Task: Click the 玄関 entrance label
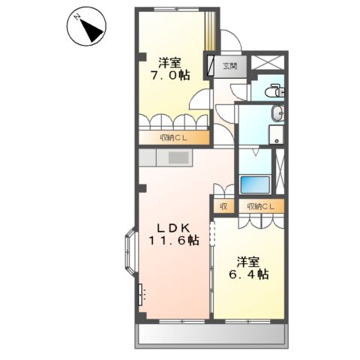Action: pyautogui.click(x=230, y=66)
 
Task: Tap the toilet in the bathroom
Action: pyautogui.click(x=274, y=91)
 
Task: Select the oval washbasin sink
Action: pyautogui.click(x=277, y=113)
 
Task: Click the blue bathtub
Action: pyautogui.click(x=255, y=184)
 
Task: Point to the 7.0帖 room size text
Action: pyautogui.click(x=170, y=75)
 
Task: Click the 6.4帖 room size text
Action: pyautogui.click(x=249, y=274)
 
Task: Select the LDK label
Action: pyautogui.click(x=173, y=227)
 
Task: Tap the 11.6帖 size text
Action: pyautogui.click(x=174, y=240)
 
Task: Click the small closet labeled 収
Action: pyautogui.click(x=223, y=206)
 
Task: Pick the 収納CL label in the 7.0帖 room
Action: pyautogui.click(x=173, y=138)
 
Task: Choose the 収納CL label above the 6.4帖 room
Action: pyautogui.click(x=261, y=206)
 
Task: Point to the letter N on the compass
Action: pyautogui.click(x=77, y=17)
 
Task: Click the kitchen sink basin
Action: pyautogui.click(x=178, y=157)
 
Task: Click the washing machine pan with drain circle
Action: pyautogui.click(x=276, y=135)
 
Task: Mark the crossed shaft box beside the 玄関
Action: pyautogui.click(x=268, y=62)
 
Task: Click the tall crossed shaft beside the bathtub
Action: pyautogui.click(x=280, y=172)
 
